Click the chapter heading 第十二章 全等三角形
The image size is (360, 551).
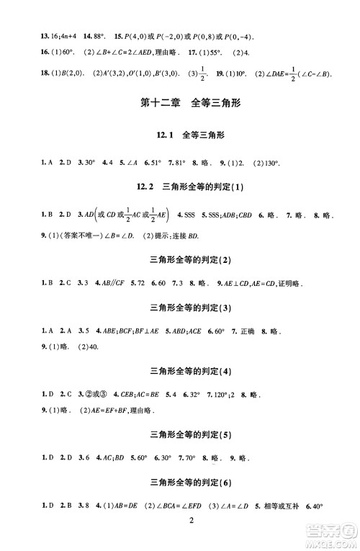(186, 103)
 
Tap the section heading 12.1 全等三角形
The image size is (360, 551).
(186, 135)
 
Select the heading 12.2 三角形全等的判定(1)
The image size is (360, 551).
(186, 187)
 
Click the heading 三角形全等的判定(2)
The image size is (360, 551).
(186, 260)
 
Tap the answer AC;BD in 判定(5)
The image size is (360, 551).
(119, 457)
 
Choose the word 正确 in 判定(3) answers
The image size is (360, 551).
(248, 333)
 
